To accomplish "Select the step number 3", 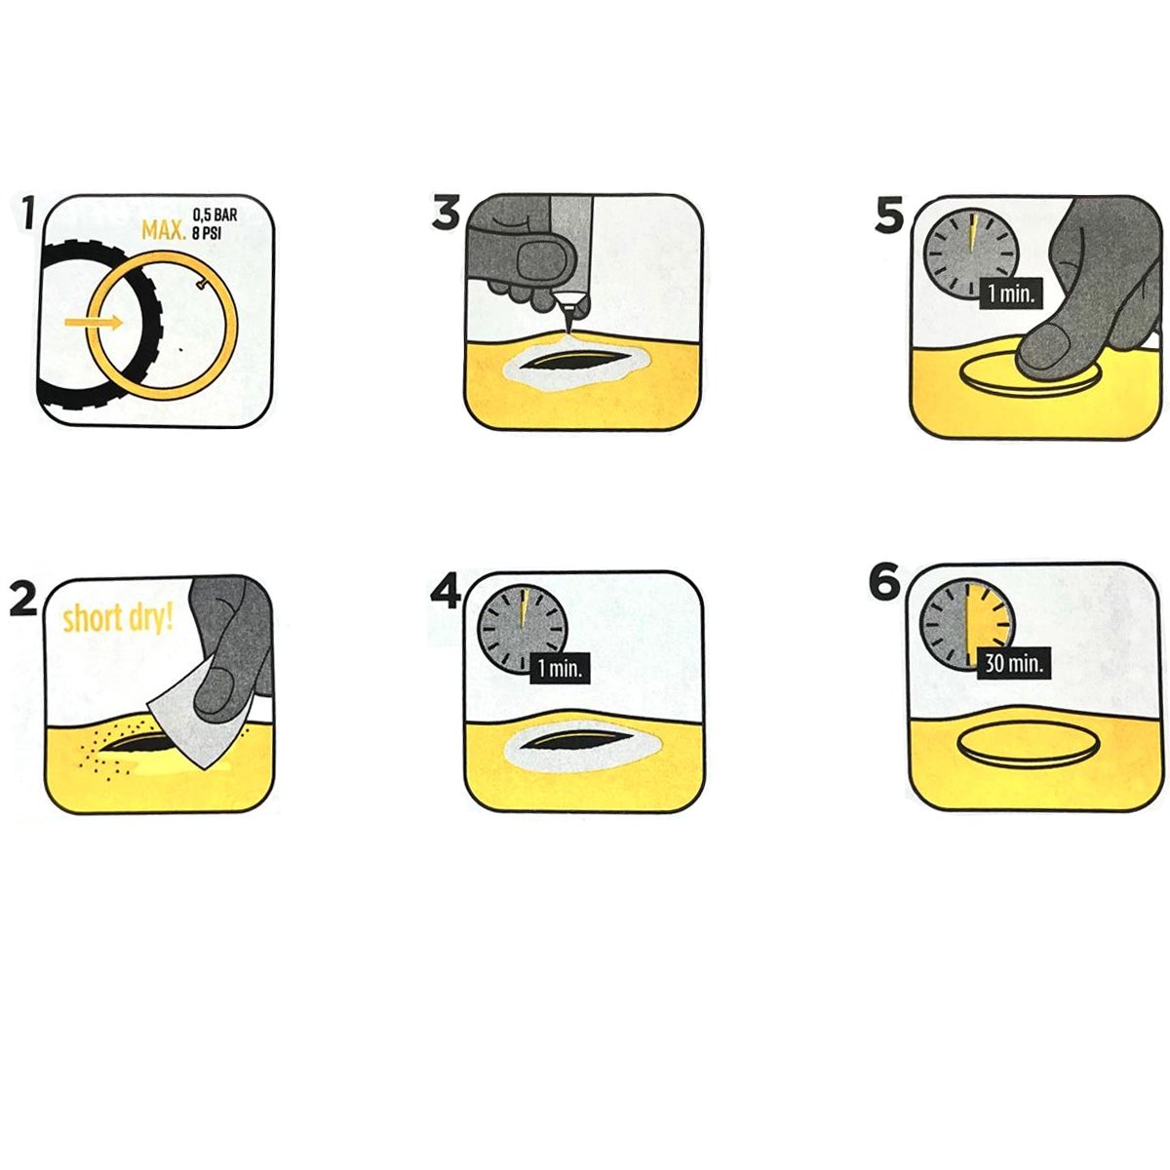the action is coord(447,214).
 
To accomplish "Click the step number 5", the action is coord(890,215).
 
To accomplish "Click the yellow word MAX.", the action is coord(164,230).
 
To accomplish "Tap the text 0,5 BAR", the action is coord(214,214).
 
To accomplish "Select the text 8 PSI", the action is coord(207,233).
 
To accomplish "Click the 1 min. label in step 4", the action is coord(560,669).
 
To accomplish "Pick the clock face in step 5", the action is coord(971,252).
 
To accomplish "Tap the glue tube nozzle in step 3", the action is coord(568,310).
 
